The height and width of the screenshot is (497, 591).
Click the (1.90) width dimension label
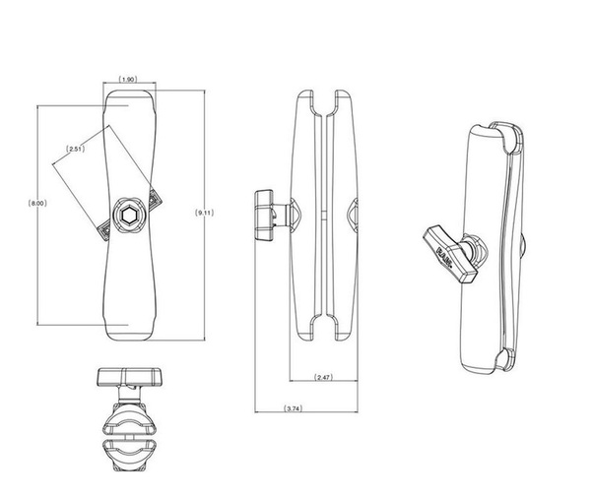[127, 80]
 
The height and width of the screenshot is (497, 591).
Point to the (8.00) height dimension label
[37, 204]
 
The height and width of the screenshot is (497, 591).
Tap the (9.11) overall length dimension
[203, 212]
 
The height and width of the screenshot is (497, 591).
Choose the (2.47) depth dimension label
[325, 378]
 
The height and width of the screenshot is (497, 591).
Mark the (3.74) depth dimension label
[293, 407]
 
